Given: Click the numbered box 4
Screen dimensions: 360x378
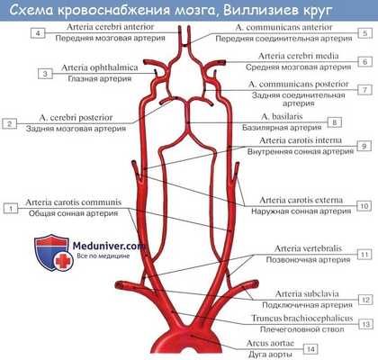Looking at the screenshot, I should (36, 33).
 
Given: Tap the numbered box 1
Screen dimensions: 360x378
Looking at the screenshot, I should (11, 209).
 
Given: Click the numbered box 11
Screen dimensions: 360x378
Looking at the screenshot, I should (364, 255).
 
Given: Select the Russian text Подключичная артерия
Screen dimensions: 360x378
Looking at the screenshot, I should (291, 307).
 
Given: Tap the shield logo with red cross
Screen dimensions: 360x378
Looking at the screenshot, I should (49, 254).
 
